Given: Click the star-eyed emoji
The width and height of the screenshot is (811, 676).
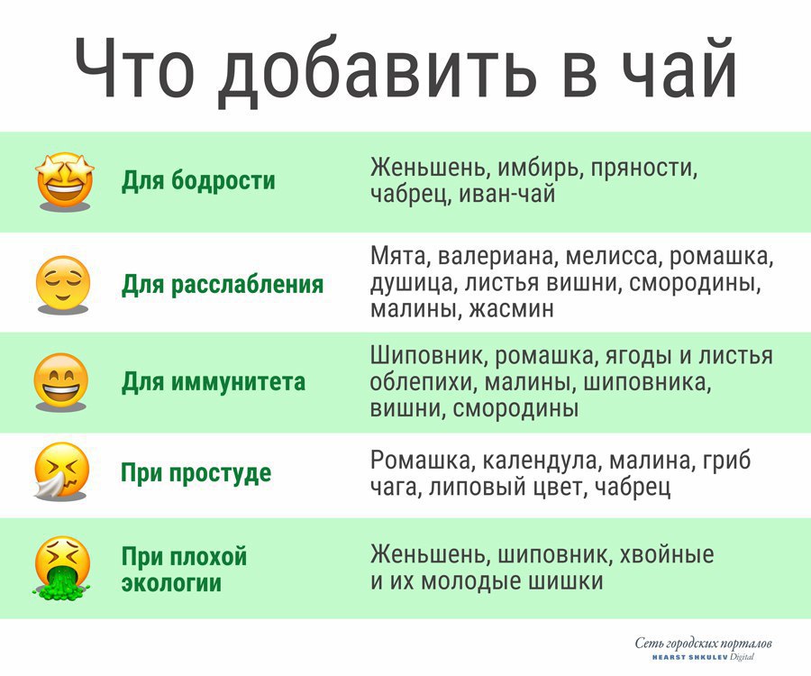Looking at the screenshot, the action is tap(65, 180).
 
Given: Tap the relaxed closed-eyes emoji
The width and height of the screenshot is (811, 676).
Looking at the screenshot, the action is tap(62, 284).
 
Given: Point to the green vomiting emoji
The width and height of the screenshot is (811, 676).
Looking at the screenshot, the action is tap(62, 567).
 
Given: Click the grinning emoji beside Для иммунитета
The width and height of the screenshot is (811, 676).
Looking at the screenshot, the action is tap(61, 381).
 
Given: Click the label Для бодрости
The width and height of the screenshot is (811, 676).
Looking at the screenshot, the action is tap(198, 180).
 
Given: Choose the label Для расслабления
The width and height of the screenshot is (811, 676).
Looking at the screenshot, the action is tap(223, 284).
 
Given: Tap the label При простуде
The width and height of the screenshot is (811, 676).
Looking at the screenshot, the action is tap(196, 472).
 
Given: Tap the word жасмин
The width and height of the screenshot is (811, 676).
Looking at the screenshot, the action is tap(512, 309).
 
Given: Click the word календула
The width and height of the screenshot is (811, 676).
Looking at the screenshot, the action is tap(540, 461).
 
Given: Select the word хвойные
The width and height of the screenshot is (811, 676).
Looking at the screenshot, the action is tap(667, 554).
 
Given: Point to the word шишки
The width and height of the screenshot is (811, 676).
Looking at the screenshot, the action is tap(565, 580).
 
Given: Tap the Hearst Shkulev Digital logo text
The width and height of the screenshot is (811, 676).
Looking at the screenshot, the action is tap(703, 657).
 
